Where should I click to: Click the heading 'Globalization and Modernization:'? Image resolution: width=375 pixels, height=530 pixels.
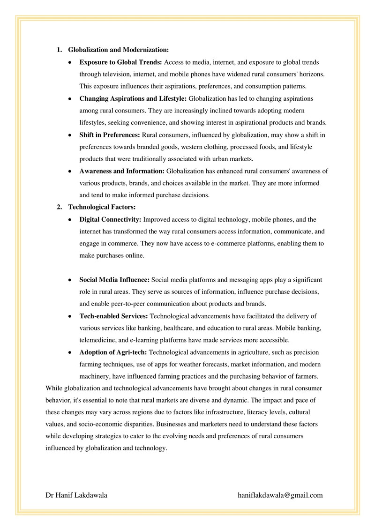(118, 49)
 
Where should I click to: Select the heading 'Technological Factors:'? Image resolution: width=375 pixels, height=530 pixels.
(102, 207)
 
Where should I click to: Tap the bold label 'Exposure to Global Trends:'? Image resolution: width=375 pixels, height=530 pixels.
(121, 62)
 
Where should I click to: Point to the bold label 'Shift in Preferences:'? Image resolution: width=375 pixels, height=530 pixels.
(110, 135)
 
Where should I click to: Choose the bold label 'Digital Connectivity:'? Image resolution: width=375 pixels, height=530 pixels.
(110, 219)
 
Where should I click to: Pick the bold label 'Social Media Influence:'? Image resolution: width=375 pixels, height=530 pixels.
(114, 280)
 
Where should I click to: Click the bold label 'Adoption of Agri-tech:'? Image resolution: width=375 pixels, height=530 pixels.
(113, 352)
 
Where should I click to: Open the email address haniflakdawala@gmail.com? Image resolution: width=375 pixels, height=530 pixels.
(280, 495)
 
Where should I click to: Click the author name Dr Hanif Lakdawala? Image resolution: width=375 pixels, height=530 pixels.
(76, 495)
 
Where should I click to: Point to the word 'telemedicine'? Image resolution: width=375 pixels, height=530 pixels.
(96, 340)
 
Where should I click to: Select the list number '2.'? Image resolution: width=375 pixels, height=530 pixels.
(60, 207)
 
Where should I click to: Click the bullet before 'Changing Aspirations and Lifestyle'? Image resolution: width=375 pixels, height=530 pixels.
(70, 99)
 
